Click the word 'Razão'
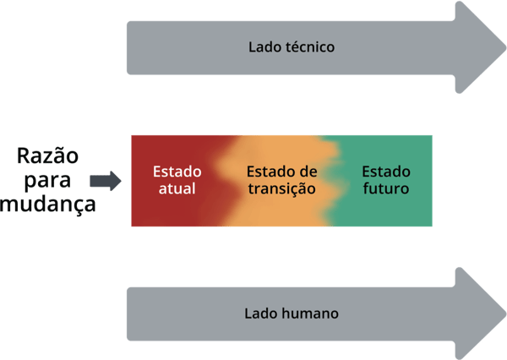click(48, 156)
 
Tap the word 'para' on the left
click(48, 180)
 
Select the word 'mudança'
click(48, 204)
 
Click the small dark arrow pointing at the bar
click(106, 180)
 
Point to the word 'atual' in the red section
click(177, 188)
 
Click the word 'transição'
click(281, 188)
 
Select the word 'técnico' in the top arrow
click(310, 46)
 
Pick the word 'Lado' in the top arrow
click(264, 46)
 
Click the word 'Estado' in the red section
click(177, 171)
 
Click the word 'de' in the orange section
click(308, 171)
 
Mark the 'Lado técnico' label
click(292, 46)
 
